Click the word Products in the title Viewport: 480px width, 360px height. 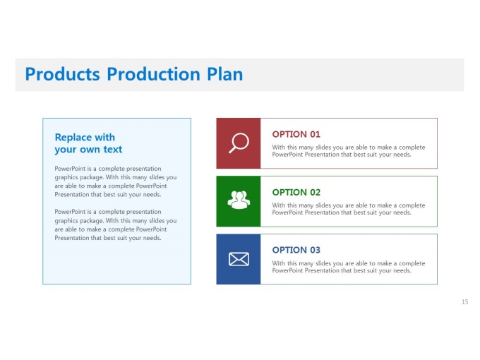tap(62, 74)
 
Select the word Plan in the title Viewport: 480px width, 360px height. tap(225, 74)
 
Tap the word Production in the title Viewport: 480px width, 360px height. tap(153, 74)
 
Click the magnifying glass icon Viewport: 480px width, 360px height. tap(239, 143)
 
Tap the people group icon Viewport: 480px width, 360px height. tap(239, 200)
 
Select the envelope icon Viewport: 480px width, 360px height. tap(239, 259)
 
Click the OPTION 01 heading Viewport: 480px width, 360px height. tap(296, 134)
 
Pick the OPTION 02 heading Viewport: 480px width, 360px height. tap(296, 192)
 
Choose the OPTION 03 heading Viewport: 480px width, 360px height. tap(296, 250)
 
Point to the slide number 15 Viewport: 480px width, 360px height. tap(464, 302)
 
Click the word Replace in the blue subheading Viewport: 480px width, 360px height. tap(73, 138)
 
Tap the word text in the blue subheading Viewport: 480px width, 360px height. tap(113, 150)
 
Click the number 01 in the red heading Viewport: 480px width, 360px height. tap(315, 134)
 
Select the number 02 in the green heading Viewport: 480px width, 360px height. tap(315, 192)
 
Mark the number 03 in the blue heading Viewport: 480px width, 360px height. tap(315, 250)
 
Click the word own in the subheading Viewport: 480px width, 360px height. tap(90, 150)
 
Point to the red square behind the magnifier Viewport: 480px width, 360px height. tap(239, 143)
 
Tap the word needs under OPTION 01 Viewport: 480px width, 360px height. tap(402, 155)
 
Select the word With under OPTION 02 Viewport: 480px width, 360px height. tap(278, 205)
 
